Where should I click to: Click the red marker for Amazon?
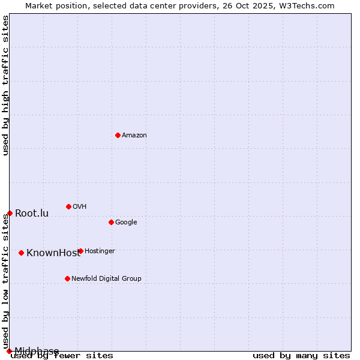pos(118,135)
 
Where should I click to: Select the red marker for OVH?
pos(68,206)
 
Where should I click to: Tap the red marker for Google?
pos(111,222)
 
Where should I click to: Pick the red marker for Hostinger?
pos(80,251)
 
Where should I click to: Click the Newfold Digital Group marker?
pos(67,278)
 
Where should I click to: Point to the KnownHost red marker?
pos(21,253)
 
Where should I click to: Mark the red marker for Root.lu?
pos(10,213)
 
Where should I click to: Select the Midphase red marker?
pos(9,351)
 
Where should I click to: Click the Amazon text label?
pos(134,135)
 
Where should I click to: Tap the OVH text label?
pos(80,206)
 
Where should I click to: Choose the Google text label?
pos(126,222)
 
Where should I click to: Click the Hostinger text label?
pos(100,251)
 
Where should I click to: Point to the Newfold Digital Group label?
pos(106,278)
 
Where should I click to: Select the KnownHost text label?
pos(53,253)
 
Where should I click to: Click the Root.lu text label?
pos(32,213)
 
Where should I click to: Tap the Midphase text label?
pos(37,351)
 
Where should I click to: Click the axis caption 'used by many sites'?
pos(301,356)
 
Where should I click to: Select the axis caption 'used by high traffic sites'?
pos(5,85)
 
